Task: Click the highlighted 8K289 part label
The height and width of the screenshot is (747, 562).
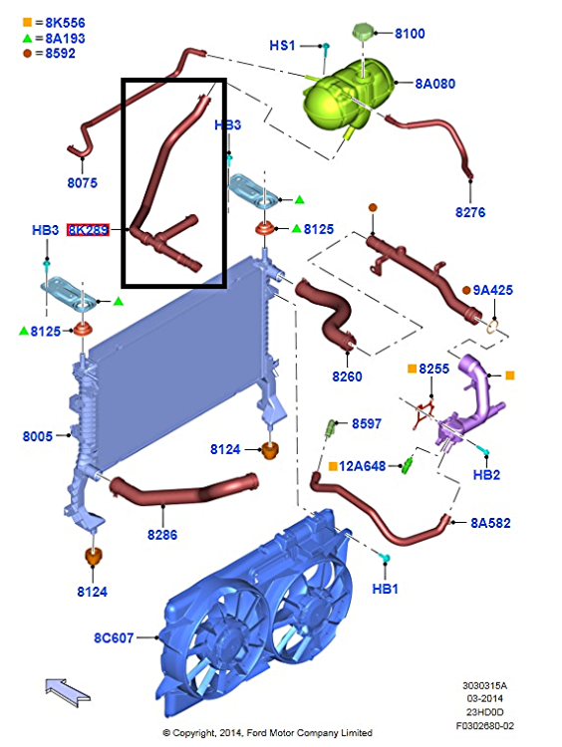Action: click(x=88, y=230)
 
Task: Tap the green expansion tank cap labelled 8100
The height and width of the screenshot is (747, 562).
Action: click(x=364, y=32)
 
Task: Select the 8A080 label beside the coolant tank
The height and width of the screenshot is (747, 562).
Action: click(x=434, y=84)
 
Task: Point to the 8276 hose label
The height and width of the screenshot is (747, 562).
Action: click(x=470, y=212)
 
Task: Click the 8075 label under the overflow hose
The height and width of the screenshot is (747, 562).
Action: click(x=82, y=182)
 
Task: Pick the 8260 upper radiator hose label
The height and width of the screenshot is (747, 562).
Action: click(x=347, y=376)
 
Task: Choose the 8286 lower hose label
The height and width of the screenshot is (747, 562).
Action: click(x=162, y=535)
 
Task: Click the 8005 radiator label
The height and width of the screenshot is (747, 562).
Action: click(x=38, y=436)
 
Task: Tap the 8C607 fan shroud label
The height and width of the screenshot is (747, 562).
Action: click(x=114, y=637)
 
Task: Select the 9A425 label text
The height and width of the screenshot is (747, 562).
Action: click(x=493, y=290)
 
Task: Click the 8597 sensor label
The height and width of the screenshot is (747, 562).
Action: click(x=367, y=423)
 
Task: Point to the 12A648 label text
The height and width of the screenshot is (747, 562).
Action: click(x=363, y=466)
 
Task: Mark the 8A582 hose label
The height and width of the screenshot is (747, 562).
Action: click(x=490, y=523)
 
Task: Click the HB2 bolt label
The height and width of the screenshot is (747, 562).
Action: click(x=486, y=474)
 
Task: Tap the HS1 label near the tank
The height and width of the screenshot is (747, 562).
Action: click(x=282, y=45)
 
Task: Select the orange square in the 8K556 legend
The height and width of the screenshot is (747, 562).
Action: click(x=27, y=22)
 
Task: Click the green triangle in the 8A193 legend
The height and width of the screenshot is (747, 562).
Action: click(x=27, y=38)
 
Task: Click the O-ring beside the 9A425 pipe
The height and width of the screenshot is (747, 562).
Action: click(x=493, y=327)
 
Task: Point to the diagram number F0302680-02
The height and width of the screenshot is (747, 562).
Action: click(x=485, y=726)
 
